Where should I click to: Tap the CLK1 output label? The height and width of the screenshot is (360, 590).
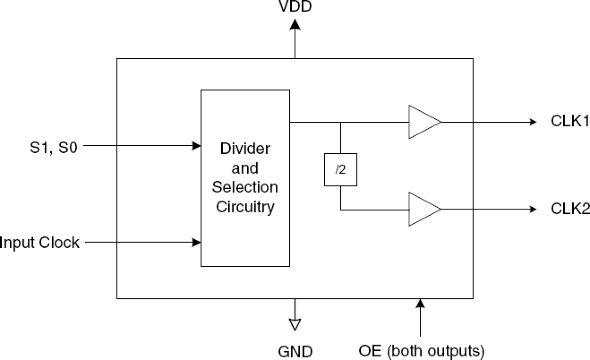569,122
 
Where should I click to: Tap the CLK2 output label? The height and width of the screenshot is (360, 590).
569,209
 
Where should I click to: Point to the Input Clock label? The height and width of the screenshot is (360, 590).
39,243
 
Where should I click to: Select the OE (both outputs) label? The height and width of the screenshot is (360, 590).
421,351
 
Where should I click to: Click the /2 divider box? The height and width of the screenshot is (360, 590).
341,170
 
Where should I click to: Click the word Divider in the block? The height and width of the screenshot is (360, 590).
245,149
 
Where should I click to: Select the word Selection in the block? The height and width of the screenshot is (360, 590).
245,187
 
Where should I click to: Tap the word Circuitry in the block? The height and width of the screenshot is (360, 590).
245,206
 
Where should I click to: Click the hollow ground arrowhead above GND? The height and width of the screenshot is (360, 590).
295,325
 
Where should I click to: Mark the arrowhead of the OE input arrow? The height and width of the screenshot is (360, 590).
420,304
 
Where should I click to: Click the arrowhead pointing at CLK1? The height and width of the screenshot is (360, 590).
532,122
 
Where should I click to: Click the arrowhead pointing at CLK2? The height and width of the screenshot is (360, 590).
532,209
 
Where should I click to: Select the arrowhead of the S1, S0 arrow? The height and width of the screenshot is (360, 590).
196,146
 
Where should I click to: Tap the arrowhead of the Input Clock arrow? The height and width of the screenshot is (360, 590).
196,243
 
